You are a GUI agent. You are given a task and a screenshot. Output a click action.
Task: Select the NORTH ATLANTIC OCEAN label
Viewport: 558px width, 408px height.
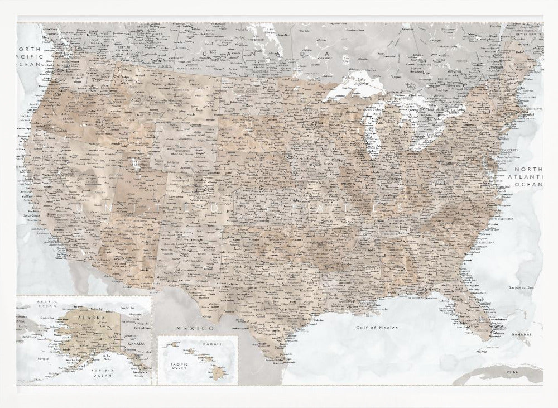[528, 176]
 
